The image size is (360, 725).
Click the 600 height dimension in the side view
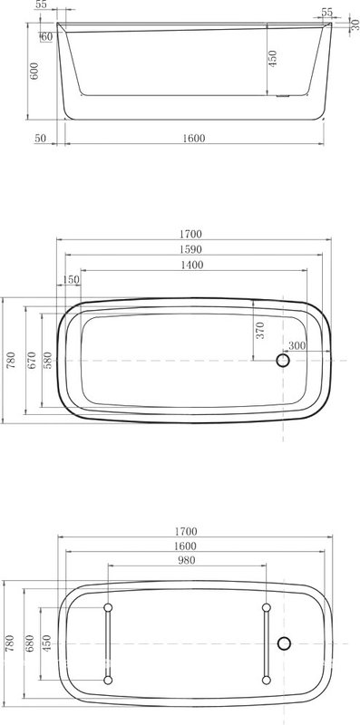pyautogui.click(x=34, y=71)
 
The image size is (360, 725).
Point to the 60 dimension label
pyautogui.click(x=46, y=36)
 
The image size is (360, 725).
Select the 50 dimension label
pyautogui.click(x=40, y=138)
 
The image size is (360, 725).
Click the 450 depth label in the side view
pyautogui.click(x=273, y=59)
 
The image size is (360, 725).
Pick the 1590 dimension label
pyautogui.click(x=190, y=250)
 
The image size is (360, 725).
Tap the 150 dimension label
pyautogui.click(x=72, y=280)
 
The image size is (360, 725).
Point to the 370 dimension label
pyautogui.click(x=260, y=331)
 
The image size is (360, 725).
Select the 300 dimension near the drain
pyautogui.click(x=297, y=345)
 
